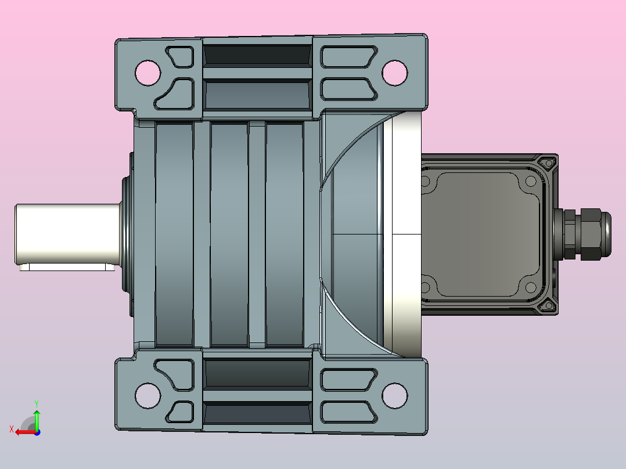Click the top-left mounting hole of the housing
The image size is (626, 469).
coord(147,73)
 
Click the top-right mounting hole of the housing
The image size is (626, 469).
coord(394,73)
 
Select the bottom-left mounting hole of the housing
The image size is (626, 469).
coord(147,395)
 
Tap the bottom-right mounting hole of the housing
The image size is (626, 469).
coord(394,395)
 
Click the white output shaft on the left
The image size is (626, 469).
coord(68,234)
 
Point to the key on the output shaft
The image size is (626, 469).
coord(67,267)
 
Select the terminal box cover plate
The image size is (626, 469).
coord(481,234)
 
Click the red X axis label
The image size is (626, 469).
coord(12,430)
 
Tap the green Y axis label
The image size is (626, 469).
coord(37,404)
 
